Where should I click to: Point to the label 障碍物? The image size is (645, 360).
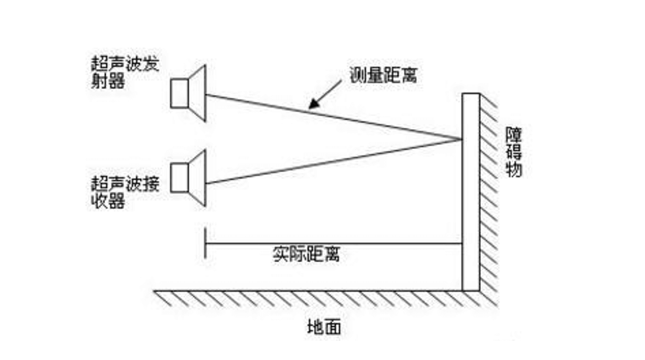click(x=514, y=153)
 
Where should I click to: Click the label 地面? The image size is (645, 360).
click(x=324, y=327)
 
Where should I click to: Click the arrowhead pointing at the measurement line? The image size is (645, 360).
click(x=314, y=104)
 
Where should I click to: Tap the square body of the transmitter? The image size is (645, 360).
click(x=179, y=93)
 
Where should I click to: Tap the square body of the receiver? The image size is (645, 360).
click(x=179, y=178)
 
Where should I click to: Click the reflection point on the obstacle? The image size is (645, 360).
click(x=461, y=139)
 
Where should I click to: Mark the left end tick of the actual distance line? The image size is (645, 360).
click(x=205, y=243)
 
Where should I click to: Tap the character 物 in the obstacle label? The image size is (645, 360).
click(x=514, y=170)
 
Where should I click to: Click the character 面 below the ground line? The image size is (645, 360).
click(x=332, y=327)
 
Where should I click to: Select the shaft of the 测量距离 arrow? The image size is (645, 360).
click(x=330, y=91)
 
